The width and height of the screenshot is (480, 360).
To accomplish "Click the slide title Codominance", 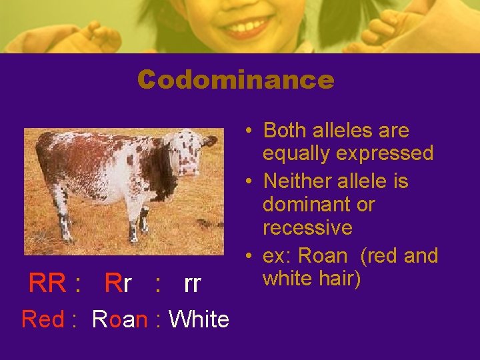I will tap(235, 80).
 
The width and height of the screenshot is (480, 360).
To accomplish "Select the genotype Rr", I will tap(118, 284).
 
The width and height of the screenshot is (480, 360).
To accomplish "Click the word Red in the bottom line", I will tap(43, 319).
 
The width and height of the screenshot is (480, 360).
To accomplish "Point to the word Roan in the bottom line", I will tap(120, 319).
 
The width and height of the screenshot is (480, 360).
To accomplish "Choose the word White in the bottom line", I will tap(199, 319).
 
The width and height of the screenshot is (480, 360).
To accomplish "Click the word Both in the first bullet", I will tap(285, 130).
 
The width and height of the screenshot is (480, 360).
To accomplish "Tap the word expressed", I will tap(385, 153).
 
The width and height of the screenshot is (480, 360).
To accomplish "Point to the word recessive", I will tap(307, 227).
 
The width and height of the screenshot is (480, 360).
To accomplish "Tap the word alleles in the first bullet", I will tap(344, 130).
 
